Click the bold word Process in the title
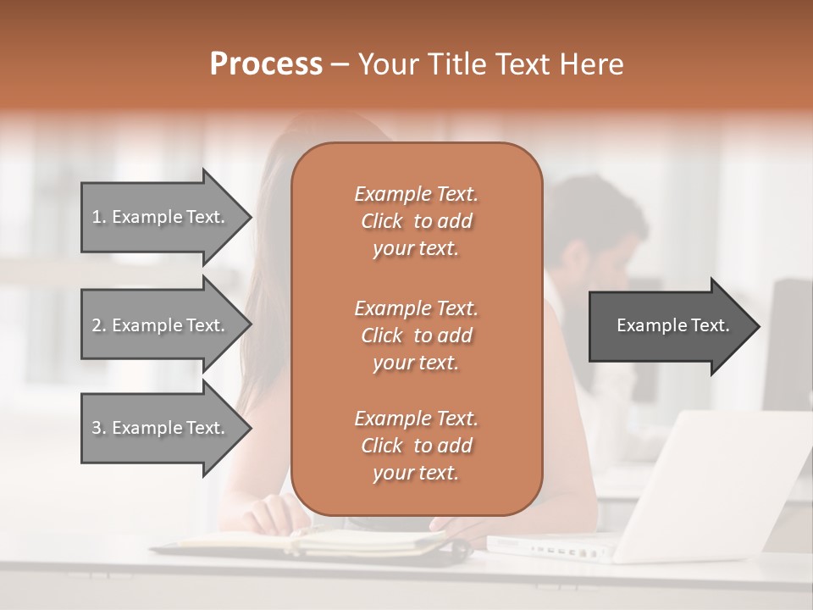266,64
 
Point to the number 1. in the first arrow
98,217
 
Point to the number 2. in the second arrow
98,325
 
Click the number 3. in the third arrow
98,428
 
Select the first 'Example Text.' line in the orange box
416,194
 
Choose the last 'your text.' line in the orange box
416,473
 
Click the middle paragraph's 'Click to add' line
416,335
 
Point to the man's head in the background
593,229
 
